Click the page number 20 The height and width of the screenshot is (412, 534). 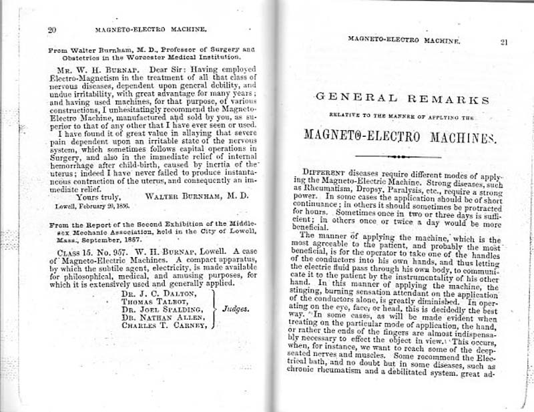[x=51, y=29]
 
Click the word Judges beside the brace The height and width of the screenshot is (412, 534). [x=235, y=309]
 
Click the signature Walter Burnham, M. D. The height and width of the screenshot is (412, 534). [x=197, y=196]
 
